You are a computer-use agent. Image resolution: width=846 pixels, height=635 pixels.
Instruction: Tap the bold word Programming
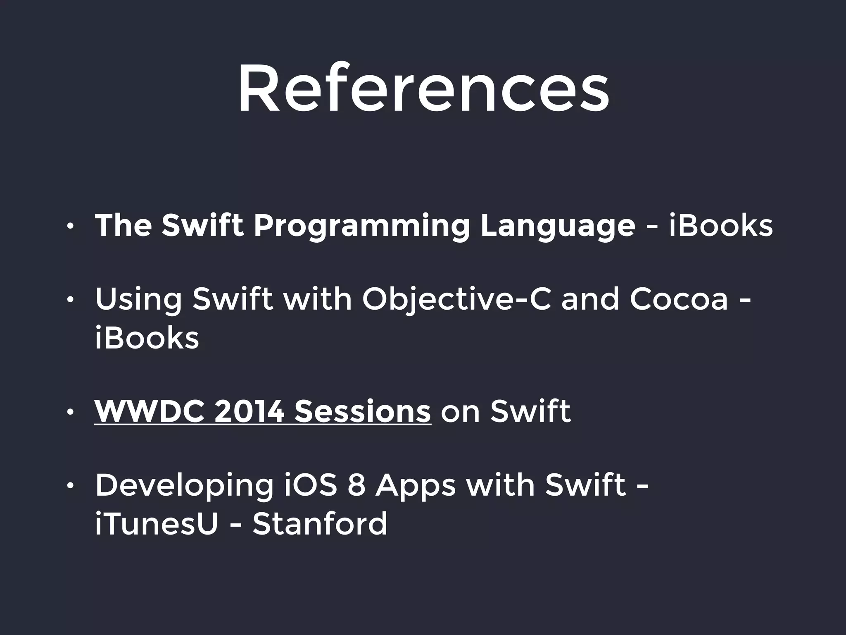click(361, 226)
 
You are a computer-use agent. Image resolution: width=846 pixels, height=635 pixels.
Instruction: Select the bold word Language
click(558, 226)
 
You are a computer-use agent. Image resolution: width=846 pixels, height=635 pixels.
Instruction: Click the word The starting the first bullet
click(123, 226)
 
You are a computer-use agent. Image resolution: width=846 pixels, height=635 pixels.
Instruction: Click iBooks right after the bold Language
click(721, 226)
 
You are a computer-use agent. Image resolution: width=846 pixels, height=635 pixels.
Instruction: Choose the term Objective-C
click(456, 299)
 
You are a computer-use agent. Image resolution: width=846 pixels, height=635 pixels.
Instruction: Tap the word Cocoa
click(678, 299)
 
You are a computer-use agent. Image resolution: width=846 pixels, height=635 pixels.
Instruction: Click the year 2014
click(249, 412)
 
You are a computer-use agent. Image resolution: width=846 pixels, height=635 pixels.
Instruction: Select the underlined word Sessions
click(363, 412)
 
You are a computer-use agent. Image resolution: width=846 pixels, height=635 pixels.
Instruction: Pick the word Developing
click(184, 485)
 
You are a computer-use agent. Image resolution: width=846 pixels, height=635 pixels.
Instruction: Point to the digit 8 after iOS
click(356, 485)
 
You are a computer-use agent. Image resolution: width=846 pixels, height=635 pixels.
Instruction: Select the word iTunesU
click(156, 523)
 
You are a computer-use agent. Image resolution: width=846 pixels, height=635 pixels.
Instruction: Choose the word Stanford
click(320, 523)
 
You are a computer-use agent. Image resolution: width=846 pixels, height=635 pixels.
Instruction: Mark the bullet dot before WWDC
click(71, 413)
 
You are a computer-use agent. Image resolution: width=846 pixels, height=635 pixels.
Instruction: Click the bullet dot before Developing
click(71, 486)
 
